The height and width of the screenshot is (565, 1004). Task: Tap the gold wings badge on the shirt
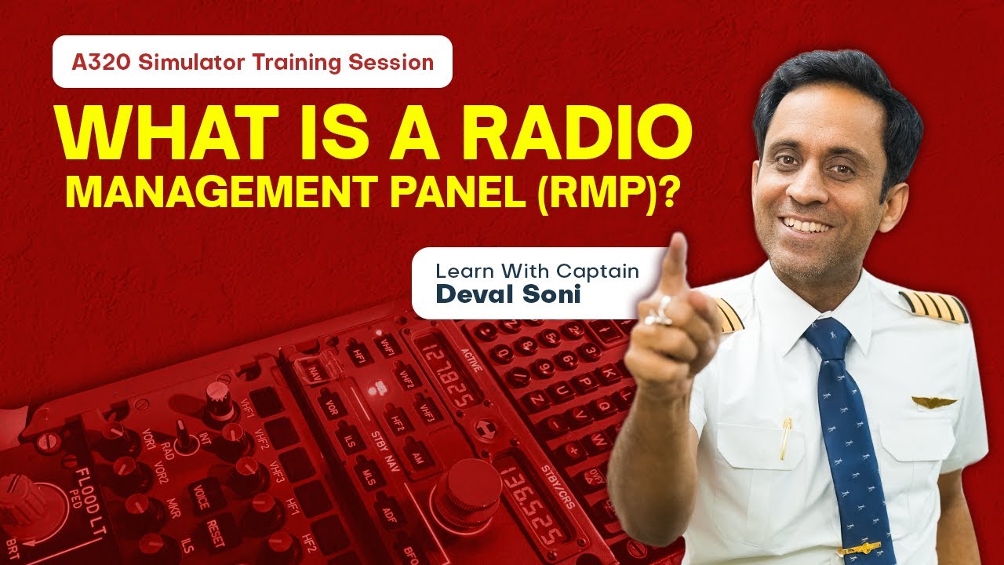click(x=933, y=402)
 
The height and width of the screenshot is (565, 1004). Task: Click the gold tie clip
click(x=859, y=547)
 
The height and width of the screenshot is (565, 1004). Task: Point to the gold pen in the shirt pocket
click(x=785, y=439)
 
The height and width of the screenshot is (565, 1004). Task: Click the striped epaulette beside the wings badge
click(x=933, y=306)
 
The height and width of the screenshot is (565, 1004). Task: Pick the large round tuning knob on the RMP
click(x=468, y=490)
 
